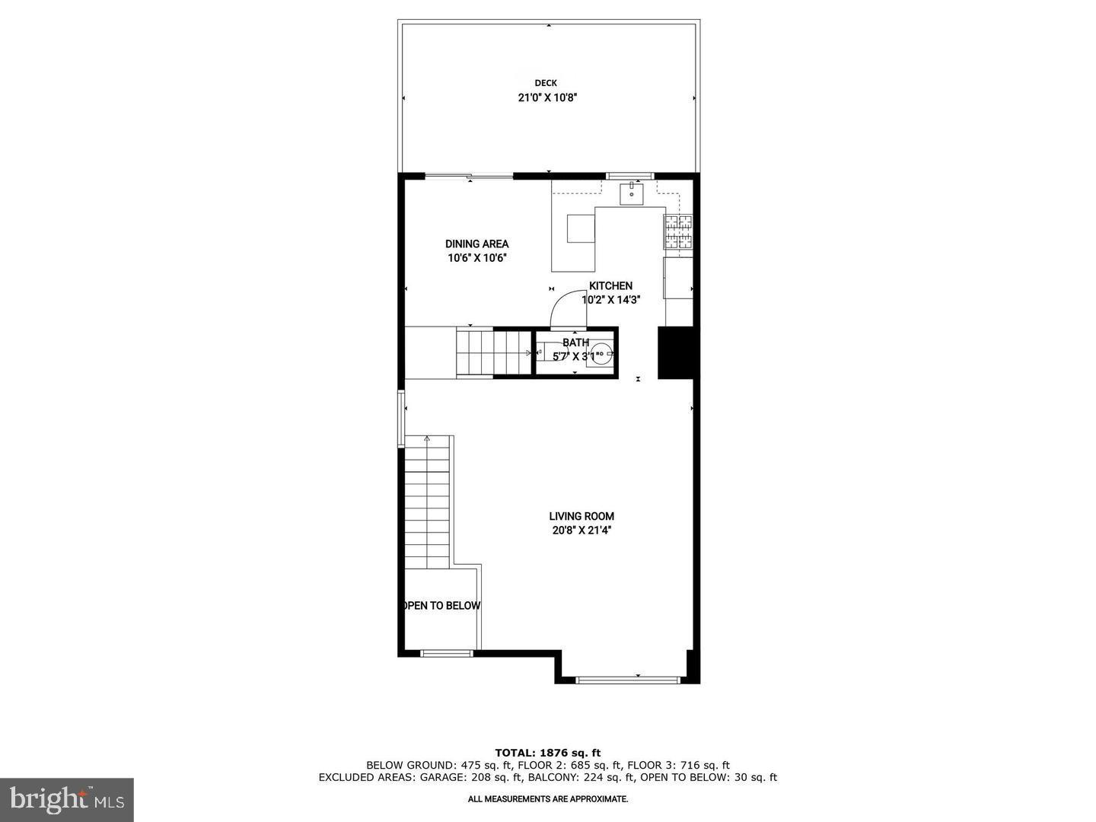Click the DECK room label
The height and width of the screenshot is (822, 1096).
click(x=545, y=83)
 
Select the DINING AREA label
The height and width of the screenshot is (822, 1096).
click(x=477, y=244)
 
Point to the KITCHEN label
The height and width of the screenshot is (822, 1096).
click(x=610, y=286)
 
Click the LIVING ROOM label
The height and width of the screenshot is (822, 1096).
click(x=581, y=516)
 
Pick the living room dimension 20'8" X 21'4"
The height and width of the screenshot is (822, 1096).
click(x=581, y=530)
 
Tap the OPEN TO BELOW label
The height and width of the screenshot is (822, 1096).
click(x=441, y=606)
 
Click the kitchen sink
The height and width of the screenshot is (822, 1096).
click(x=631, y=194)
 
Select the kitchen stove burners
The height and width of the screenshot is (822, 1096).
click(x=679, y=232)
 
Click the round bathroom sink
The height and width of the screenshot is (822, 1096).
click(x=601, y=353)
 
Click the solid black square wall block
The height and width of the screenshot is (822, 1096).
click(x=675, y=352)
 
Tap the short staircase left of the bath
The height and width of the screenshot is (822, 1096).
click(x=493, y=352)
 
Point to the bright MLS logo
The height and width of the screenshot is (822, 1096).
click(x=66, y=799)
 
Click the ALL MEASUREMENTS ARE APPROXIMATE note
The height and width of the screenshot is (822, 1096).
click(x=548, y=799)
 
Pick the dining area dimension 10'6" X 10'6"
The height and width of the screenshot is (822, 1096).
click(x=477, y=258)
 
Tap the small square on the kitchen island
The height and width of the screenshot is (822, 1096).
click(x=581, y=228)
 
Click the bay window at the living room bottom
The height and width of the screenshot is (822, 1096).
click(x=626, y=679)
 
